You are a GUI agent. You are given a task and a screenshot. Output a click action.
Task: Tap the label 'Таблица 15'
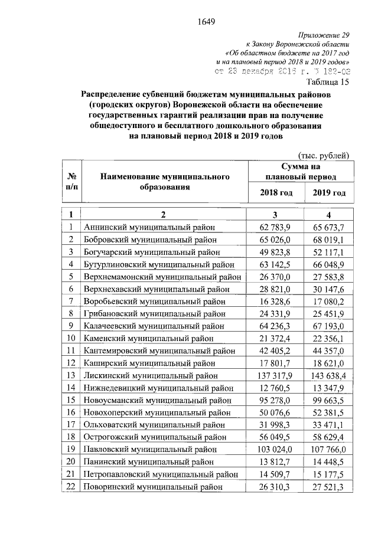pyautogui.click(x=330, y=81)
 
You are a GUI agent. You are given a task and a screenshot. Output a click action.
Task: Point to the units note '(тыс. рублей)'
pyautogui.click(x=324, y=155)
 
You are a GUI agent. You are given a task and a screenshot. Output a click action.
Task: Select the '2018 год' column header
pyautogui.click(x=276, y=193)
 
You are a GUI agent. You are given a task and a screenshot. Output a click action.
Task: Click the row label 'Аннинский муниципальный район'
pyautogui.click(x=149, y=227)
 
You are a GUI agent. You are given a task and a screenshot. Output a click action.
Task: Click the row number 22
pyautogui.click(x=71, y=486)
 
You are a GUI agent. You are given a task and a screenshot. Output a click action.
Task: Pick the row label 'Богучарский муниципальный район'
pyautogui.click(x=152, y=251)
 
